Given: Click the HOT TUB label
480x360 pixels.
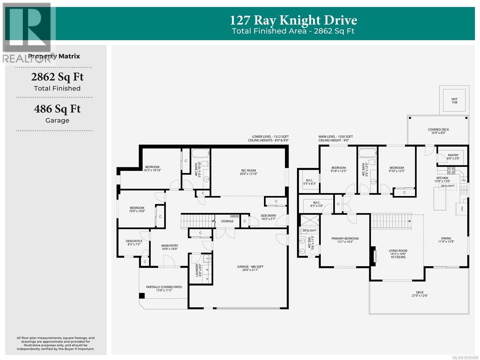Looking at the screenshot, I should pyautogui.click(x=454, y=101).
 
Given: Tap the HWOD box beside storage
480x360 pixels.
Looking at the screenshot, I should pyautogui.click(x=235, y=216).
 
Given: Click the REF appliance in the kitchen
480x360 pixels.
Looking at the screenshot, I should pyautogui.click(x=462, y=209).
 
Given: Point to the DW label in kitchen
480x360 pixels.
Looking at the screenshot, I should pyautogui.click(x=463, y=180).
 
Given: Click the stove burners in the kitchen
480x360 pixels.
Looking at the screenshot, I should pyautogui.click(x=451, y=171).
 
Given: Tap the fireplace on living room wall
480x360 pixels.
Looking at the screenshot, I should pyautogui.click(x=373, y=256).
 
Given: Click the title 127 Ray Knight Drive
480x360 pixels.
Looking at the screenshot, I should pyautogui.click(x=293, y=20).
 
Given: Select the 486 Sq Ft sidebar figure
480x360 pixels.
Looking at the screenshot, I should pyautogui.click(x=57, y=109).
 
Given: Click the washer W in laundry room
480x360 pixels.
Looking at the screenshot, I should pyautogui.click(x=207, y=270).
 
